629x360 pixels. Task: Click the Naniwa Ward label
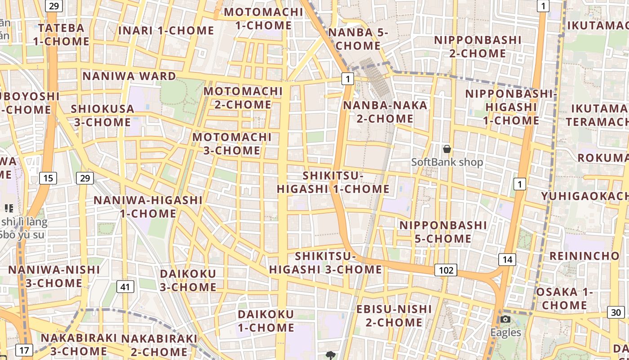(x=129, y=76)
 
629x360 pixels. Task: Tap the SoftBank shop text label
(x=447, y=162)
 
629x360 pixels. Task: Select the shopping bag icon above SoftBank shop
(x=447, y=149)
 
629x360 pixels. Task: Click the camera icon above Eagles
(x=505, y=319)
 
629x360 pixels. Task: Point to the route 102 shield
(x=446, y=270)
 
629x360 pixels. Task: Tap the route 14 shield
(x=507, y=259)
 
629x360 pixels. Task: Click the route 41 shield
(x=125, y=286)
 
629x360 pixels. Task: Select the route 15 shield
(x=48, y=178)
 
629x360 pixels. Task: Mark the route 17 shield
(x=24, y=350)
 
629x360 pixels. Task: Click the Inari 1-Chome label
(x=166, y=31)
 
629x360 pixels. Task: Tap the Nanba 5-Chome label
(x=358, y=39)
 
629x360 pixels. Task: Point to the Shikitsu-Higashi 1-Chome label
(x=333, y=182)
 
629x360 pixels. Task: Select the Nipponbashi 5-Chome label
(x=443, y=231)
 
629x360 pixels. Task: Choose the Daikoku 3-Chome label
(x=188, y=280)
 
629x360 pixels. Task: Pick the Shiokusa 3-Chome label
(x=102, y=116)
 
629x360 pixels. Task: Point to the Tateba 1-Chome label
(x=61, y=35)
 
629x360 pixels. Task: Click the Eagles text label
(x=505, y=333)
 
